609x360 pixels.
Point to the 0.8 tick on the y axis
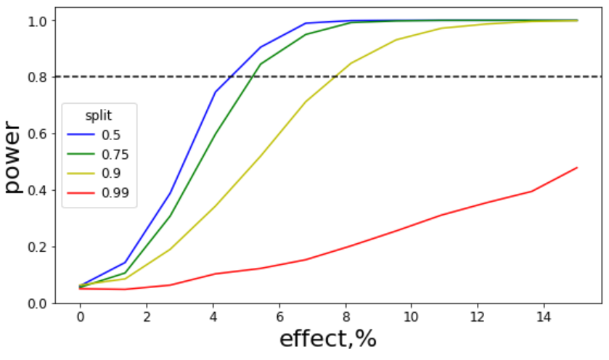(x=37, y=77)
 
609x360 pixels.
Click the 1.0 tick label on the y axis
(x=37, y=20)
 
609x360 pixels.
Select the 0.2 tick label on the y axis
(x=37, y=247)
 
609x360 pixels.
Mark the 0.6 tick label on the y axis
(x=37, y=134)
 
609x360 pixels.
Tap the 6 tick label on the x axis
(x=279, y=317)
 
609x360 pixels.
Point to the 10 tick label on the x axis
(x=411, y=317)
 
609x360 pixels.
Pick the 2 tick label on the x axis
(x=147, y=317)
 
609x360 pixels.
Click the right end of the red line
(x=577, y=168)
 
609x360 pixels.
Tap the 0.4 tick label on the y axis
(x=37, y=190)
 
